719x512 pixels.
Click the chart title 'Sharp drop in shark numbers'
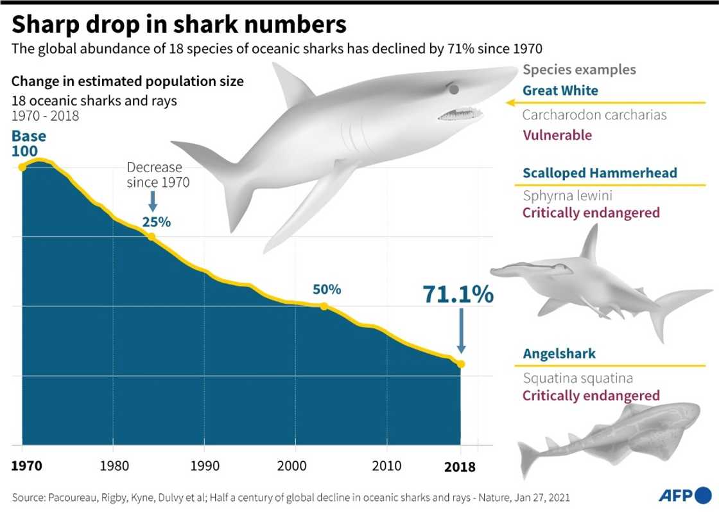point(179,24)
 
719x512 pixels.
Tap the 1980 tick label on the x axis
point(113,465)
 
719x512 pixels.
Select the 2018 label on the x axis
point(460,466)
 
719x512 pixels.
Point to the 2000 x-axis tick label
point(295,465)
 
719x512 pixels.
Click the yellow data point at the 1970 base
point(22,167)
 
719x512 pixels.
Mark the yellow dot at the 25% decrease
point(152,236)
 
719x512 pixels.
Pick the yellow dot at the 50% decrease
point(324,306)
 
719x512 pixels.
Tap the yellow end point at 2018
point(461,364)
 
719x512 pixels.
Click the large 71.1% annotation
point(458,294)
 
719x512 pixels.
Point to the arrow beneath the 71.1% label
point(461,331)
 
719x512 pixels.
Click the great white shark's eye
point(454,88)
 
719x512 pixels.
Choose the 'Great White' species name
point(560,91)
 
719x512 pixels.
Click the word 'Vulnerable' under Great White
point(557,135)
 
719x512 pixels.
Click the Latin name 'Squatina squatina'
point(577,378)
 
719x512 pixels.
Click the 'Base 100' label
point(29,143)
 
